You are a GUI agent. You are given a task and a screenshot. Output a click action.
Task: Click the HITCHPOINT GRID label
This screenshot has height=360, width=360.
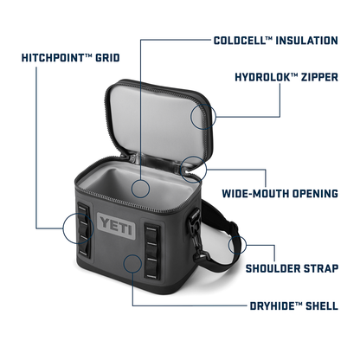[x=71, y=58]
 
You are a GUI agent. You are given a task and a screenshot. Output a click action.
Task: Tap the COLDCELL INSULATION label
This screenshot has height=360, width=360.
[x=276, y=41]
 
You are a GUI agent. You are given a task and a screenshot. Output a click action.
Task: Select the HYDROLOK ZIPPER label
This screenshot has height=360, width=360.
[x=286, y=77]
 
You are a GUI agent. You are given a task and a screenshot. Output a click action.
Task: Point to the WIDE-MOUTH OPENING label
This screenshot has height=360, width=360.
[x=280, y=193]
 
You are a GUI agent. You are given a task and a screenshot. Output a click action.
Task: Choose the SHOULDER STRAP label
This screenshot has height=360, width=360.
[x=292, y=268]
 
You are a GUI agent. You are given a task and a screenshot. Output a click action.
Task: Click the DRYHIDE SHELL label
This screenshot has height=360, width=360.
[x=294, y=305]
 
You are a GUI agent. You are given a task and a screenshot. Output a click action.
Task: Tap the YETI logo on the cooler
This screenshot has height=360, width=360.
[x=117, y=226]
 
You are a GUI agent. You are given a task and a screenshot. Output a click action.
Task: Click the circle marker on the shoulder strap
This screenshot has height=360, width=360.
[x=237, y=245]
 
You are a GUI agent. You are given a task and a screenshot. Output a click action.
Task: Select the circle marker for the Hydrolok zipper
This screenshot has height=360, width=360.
[x=203, y=116]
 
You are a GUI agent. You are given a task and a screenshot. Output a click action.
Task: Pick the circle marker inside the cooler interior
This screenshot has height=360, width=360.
[x=140, y=189]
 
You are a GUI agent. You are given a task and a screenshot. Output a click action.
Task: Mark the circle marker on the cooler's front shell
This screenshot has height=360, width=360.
[x=132, y=264]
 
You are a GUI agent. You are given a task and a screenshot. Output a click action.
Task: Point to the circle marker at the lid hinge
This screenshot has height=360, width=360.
[x=194, y=170]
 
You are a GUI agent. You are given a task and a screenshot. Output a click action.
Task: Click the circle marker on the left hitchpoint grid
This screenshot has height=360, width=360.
[x=78, y=228]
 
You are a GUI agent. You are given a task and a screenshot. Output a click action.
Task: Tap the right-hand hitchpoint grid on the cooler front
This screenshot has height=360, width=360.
[x=152, y=251]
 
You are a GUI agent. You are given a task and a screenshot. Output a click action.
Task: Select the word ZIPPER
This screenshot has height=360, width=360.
[x=319, y=77]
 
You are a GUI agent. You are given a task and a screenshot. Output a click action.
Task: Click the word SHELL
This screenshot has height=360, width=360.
[x=322, y=305]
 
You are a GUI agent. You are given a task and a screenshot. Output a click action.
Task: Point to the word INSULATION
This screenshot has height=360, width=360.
[x=307, y=41]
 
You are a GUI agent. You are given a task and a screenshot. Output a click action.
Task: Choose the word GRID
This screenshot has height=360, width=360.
[x=107, y=58]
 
